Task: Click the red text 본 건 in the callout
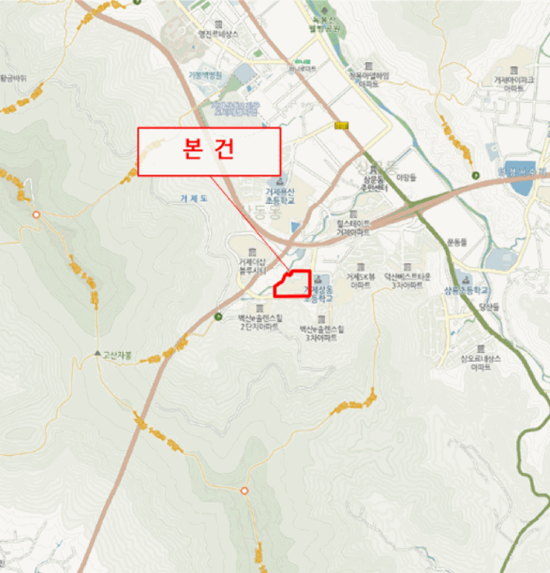[208, 151]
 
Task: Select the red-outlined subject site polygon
[292, 283]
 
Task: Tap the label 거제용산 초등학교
[279, 195]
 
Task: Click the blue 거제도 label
[196, 197]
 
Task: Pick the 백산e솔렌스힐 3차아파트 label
[322, 332]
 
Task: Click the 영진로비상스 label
[219, 34]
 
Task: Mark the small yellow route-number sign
[341, 125]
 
